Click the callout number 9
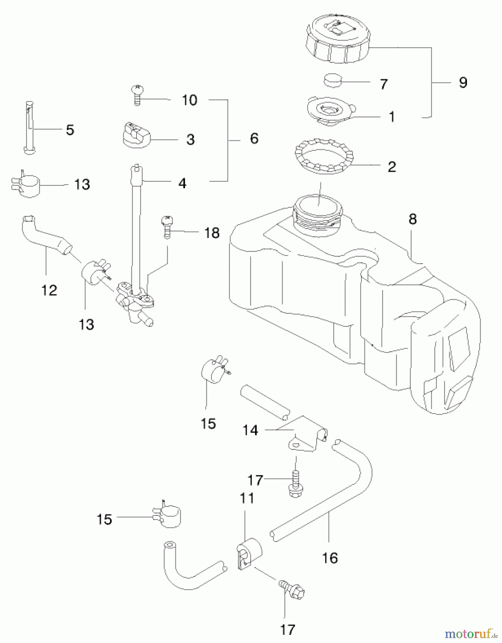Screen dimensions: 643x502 [x=463, y=83]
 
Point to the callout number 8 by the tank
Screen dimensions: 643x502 [x=413, y=219]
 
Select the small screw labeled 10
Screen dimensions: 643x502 [x=136, y=94]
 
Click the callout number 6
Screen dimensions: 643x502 [x=254, y=139]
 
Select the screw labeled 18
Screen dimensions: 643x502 [x=166, y=226]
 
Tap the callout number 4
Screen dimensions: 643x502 [x=182, y=183]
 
